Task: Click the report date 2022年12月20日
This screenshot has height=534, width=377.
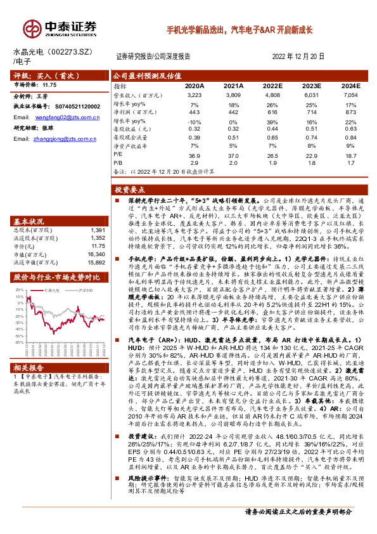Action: (x=297, y=56)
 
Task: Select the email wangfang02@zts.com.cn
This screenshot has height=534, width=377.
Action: (x=58, y=117)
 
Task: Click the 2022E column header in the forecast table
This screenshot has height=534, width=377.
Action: (x=271, y=85)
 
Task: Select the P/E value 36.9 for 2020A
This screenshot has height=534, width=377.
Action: (x=195, y=155)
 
